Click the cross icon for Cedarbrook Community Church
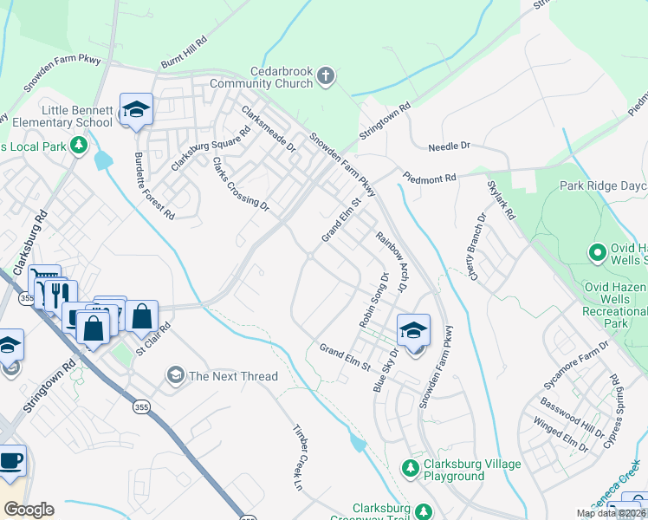(x=326, y=76)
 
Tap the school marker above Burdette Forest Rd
(x=136, y=110)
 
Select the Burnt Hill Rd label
(x=185, y=53)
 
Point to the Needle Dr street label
(x=448, y=147)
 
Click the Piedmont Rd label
(x=429, y=178)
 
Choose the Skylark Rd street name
(x=501, y=200)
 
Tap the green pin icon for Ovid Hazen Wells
(x=597, y=253)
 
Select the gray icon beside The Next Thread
(x=175, y=375)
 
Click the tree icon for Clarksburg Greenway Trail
(x=423, y=512)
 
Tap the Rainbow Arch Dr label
(x=391, y=260)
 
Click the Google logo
(x=29, y=510)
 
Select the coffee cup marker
(x=10, y=462)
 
